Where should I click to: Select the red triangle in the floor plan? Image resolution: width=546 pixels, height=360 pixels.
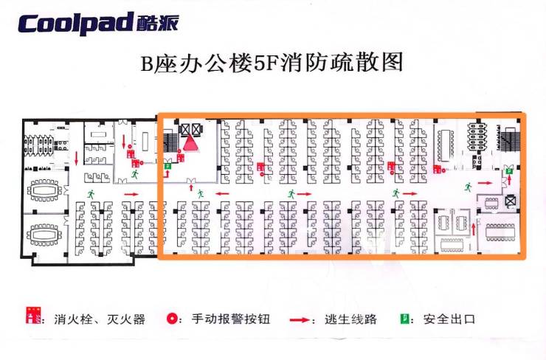tap(192, 141)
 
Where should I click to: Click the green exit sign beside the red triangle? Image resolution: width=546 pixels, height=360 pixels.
tap(169, 167)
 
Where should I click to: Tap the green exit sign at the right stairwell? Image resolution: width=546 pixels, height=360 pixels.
tap(509, 172)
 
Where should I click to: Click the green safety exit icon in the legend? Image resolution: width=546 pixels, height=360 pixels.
tap(405, 319)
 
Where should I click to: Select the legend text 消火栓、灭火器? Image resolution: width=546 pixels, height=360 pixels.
tap(99, 320)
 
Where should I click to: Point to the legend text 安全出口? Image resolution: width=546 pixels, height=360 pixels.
tap(448, 320)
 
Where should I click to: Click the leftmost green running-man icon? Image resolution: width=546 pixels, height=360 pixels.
tap(92, 193)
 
